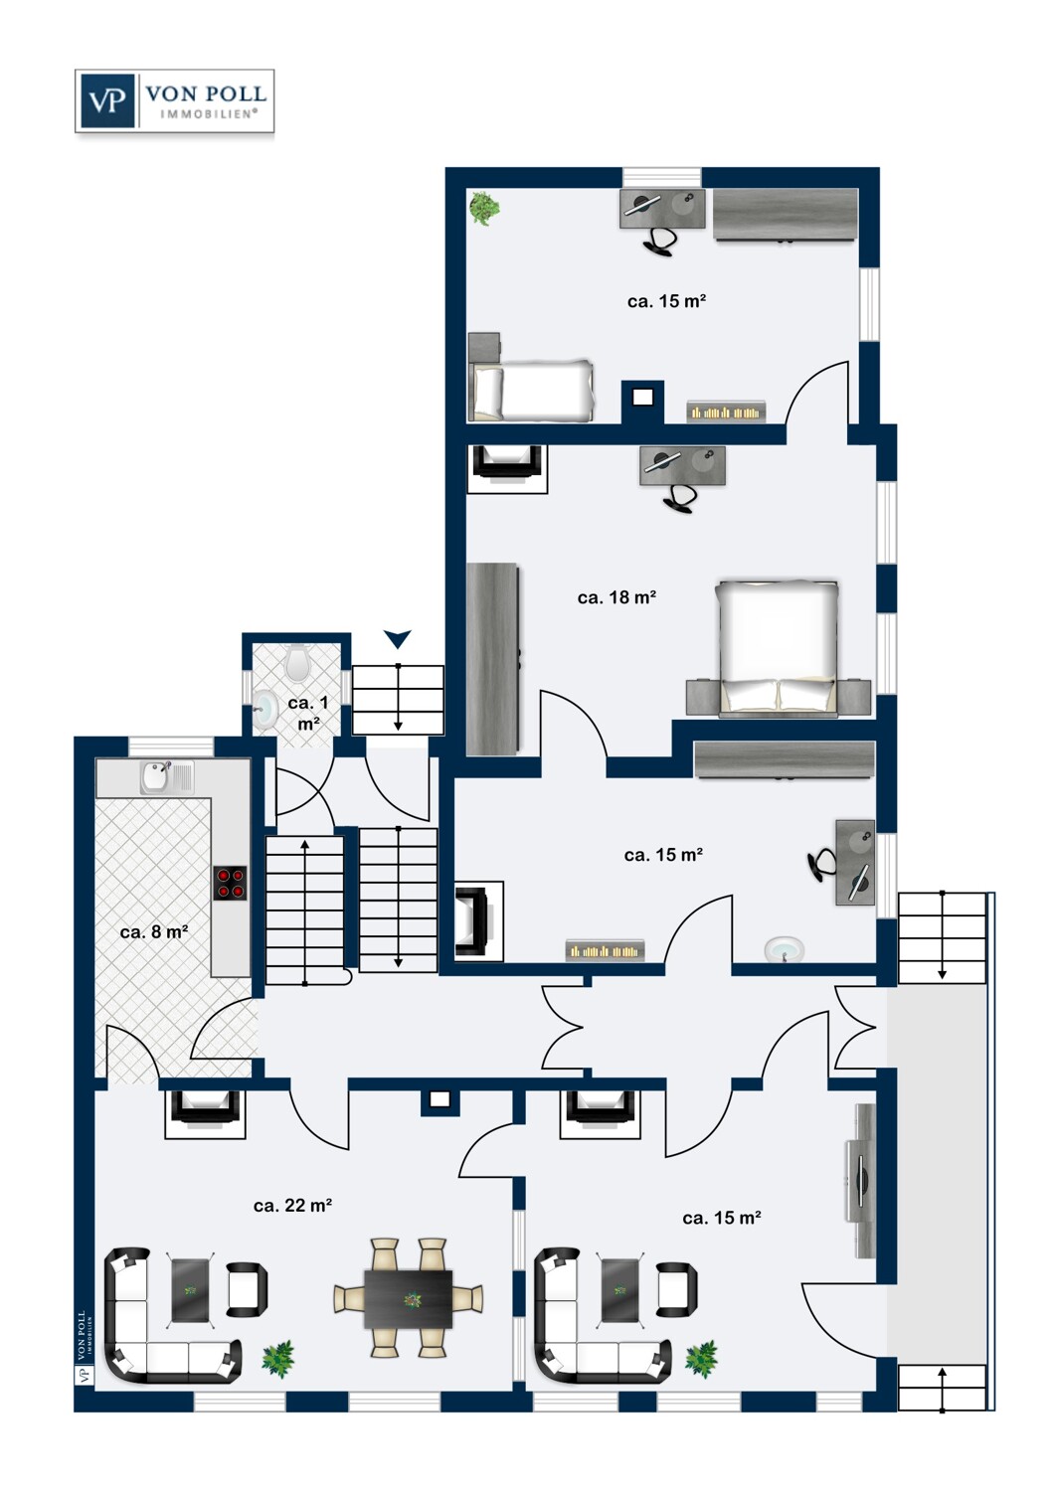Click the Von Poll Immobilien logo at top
pos(174,100)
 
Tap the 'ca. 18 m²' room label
pos(616,597)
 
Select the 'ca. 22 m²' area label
pos(293,1206)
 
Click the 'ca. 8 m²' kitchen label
pos(154,932)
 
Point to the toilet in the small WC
pos(296,662)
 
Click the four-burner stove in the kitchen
pos(231,883)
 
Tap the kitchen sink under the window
pos(166,777)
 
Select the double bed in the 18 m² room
pos(777,648)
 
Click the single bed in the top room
pos(531,390)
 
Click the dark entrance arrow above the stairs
pos(398,639)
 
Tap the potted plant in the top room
pos(484,208)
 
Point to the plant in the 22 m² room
pos(277,1359)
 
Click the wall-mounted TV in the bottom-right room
pos(861,1180)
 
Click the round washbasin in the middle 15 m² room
pos(784,949)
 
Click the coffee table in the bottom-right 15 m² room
pos(620,1290)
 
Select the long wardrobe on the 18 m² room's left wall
pos(493,659)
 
